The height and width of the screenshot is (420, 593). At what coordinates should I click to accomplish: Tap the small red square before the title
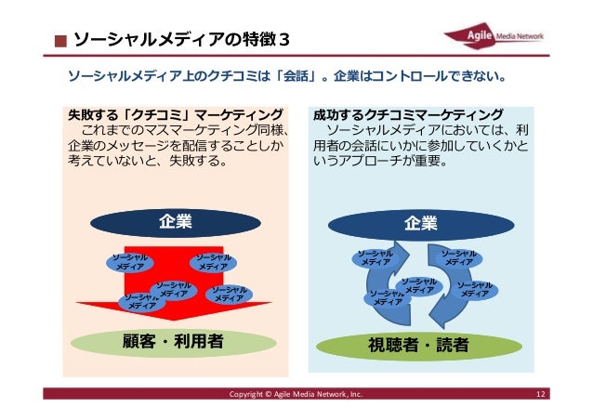pyautogui.click(x=59, y=41)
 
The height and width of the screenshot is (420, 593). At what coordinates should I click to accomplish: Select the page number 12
pyautogui.click(x=540, y=397)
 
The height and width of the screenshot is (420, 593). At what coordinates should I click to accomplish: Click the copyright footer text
pyautogui.click(x=296, y=397)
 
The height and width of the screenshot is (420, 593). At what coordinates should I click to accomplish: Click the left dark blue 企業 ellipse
pyautogui.click(x=175, y=222)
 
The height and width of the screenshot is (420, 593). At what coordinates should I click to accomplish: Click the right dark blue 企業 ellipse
pyautogui.click(x=421, y=223)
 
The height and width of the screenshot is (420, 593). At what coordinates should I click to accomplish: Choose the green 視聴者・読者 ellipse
pyautogui.click(x=420, y=345)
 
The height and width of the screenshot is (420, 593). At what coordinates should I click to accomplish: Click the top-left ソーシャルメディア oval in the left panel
pyautogui.click(x=123, y=262)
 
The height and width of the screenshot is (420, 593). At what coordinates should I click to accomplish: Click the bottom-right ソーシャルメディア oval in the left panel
pyautogui.click(x=223, y=295)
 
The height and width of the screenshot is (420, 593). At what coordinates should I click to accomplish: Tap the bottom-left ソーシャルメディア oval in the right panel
pyautogui.click(x=383, y=297)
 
